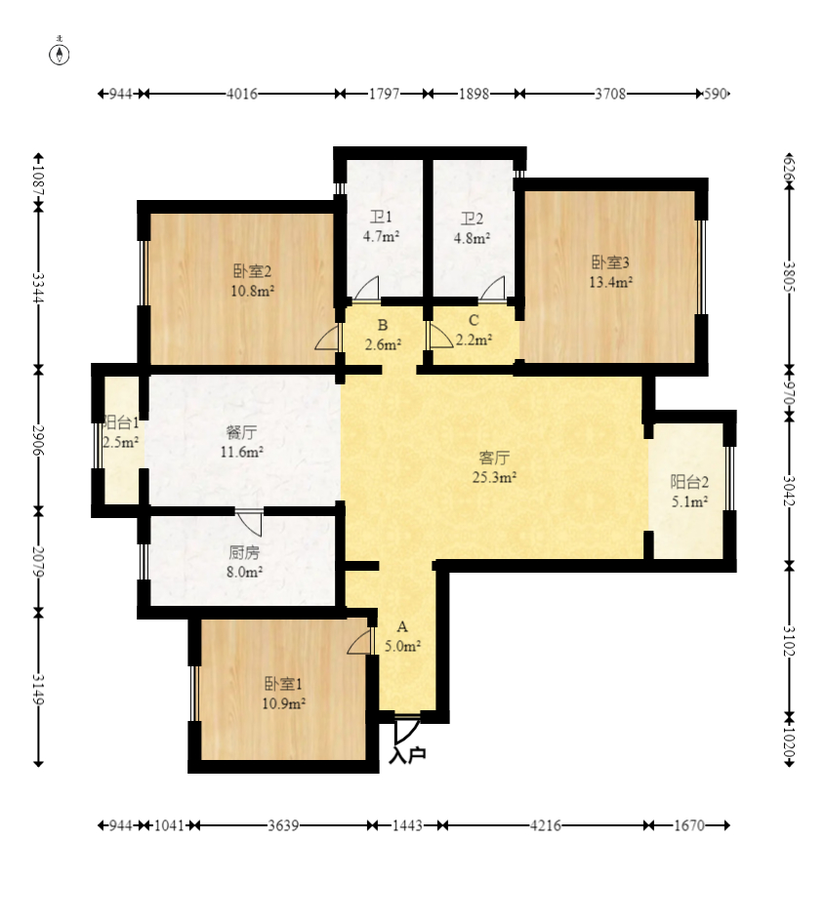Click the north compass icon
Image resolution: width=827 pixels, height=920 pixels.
59,53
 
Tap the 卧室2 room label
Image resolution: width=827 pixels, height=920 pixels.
253,271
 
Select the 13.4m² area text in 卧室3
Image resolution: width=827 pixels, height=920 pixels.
611,282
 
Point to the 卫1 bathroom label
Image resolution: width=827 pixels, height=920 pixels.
381,218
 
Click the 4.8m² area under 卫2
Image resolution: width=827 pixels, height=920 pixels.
472,239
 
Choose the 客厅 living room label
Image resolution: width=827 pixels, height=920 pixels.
494,458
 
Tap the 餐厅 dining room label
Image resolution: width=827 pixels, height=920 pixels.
241,432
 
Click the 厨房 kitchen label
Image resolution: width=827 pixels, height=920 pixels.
244,552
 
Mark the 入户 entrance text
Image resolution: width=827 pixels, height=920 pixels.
407,754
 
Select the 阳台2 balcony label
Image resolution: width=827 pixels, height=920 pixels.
689,482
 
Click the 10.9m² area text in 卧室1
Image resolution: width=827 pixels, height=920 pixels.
283,703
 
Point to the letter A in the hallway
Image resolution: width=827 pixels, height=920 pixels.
402,627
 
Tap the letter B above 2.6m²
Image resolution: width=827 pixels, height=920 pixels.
383,325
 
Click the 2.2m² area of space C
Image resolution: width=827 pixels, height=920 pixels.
474,340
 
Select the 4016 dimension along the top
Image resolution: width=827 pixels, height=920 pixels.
242,94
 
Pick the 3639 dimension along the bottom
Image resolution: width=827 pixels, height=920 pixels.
284,825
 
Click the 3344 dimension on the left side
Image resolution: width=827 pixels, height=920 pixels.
38,288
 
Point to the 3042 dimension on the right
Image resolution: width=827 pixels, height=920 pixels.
789,491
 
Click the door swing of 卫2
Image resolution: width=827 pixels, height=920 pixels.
492,289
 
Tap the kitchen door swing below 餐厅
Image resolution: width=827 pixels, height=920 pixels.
250,522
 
